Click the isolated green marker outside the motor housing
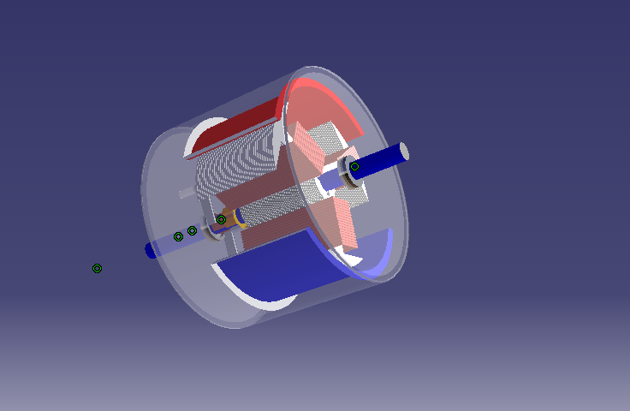click(98, 268)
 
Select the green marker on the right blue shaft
click(354, 166)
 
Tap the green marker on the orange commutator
click(221, 219)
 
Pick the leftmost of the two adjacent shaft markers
click(178, 236)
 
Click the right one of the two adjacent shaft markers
click(193, 230)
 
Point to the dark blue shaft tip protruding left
click(151, 250)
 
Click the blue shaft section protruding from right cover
click(381, 158)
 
